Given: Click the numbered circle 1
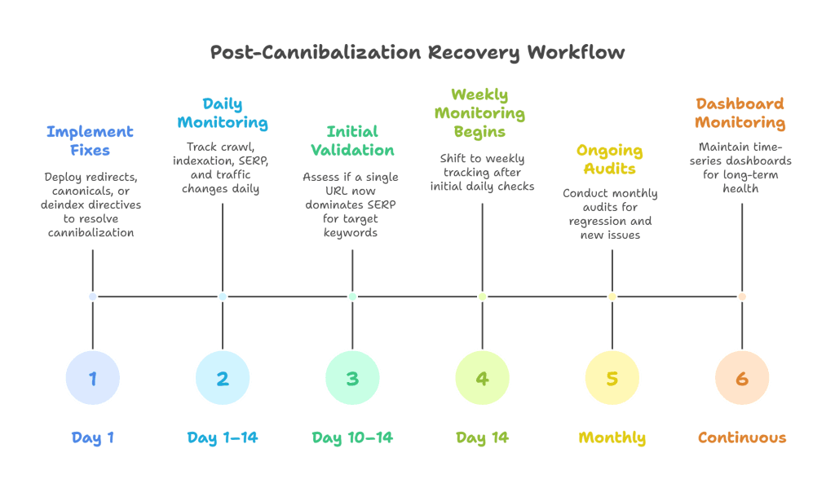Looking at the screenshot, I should point(92,378).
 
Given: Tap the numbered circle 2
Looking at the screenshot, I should point(223,378).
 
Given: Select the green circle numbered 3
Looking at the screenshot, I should point(352,378).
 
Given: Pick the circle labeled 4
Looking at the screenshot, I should point(482,378).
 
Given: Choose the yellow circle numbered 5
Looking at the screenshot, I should point(612,378).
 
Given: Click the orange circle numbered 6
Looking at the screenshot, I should point(742,378).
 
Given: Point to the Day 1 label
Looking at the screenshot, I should point(92,437).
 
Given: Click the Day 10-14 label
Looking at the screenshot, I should point(352,437).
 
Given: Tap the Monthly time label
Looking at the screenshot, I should point(612,437).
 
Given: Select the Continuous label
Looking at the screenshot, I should point(742,437).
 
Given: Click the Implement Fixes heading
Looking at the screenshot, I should point(90,141).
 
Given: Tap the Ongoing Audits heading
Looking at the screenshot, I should point(609,160).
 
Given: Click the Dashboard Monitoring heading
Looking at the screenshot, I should point(740,113).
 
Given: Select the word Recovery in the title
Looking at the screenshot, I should point(473,53).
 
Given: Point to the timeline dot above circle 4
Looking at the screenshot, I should point(482,297).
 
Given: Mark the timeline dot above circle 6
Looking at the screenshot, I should point(742,297).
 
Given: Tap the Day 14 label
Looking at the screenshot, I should point(482,437).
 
